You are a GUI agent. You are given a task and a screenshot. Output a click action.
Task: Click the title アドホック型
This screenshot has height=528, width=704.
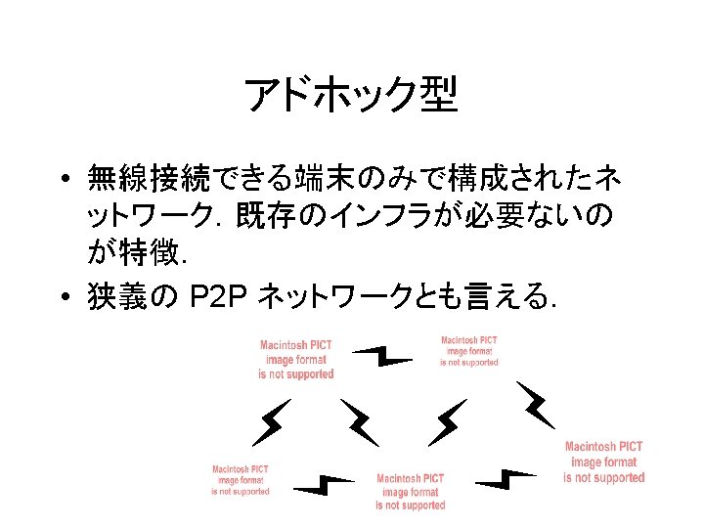(x=351, y=95)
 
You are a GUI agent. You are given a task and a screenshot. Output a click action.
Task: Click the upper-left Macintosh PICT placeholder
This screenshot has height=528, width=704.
(x=296, y=359)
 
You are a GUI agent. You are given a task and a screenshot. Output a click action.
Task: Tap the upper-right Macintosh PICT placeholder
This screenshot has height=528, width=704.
(x=469, y=351)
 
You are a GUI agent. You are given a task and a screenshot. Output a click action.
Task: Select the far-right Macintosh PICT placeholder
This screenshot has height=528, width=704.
(x=604, y=462)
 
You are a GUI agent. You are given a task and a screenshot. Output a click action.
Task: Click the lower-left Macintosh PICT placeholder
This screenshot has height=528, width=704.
(x=241, y=480)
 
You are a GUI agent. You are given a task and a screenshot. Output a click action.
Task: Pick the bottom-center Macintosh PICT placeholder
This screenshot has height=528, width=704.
(x=411, y=492)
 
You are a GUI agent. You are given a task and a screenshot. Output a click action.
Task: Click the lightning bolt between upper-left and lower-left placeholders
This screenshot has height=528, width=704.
(x=271, y=421)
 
